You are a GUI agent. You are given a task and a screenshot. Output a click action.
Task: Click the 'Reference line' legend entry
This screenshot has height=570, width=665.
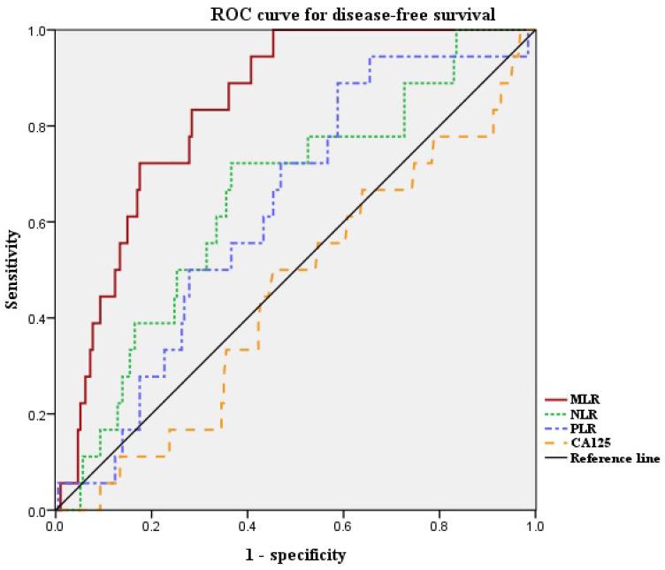tap(615, 458)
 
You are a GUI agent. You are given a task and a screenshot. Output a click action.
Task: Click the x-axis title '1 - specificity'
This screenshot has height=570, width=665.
tap(294, 555)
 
